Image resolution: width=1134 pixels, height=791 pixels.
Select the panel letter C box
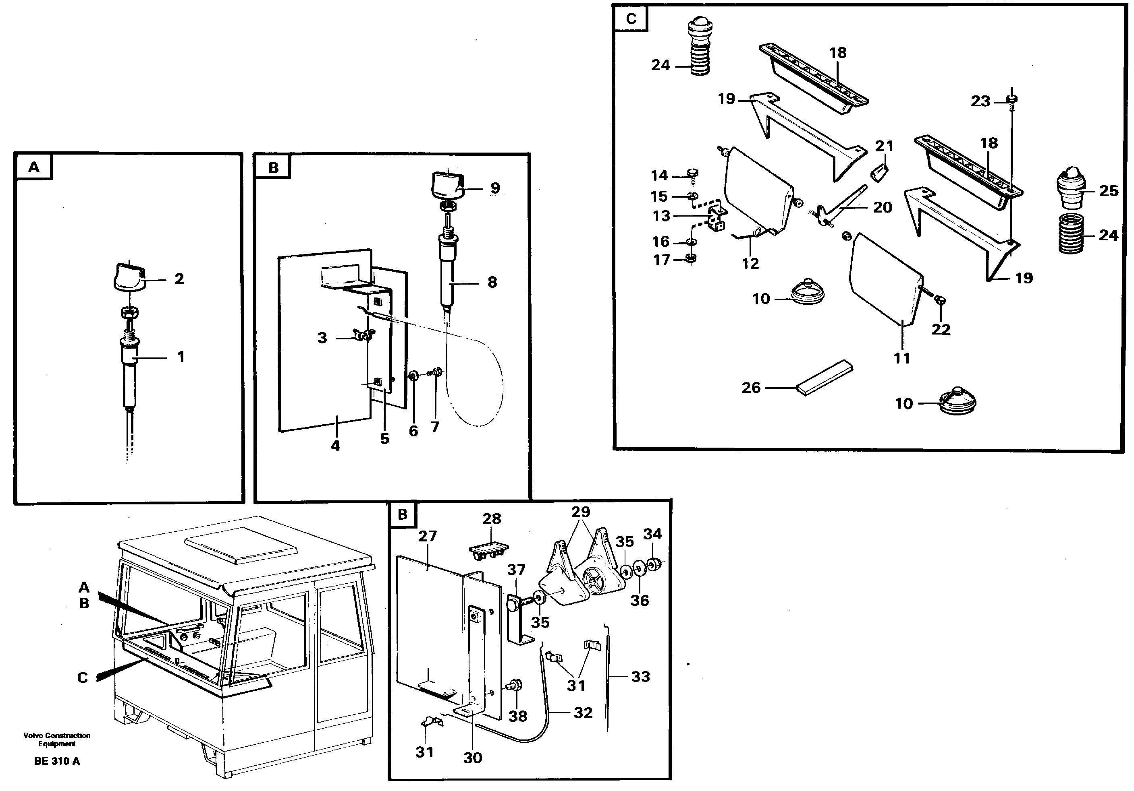click(x=631, y=19)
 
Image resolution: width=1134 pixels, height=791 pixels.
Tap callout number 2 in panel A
click(x=179, y=279)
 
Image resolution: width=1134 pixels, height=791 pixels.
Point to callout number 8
click(x=492, y=282)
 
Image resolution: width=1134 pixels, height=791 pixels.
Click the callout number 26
click(x=751, y=387)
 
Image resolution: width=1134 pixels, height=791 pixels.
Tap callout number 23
click(x=980, y=101)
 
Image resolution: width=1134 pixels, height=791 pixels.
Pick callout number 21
click(x=884, y=146)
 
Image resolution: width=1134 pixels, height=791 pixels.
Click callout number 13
click(x=661, y=216)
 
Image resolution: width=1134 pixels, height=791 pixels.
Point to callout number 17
click(x=662, y=260)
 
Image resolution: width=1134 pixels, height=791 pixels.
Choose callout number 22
click(x=941, y=329)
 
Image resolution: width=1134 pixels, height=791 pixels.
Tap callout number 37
click(x=516, y=570)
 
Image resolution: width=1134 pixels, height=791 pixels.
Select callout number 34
click(x=652, y=533)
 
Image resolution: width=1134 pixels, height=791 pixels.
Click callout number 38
click(x=517, y=716)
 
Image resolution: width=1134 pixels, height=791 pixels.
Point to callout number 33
click(x=641, y=677)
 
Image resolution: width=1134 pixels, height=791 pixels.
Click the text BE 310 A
click(x=57, y=761)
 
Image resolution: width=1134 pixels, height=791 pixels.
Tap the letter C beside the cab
click(x=83, y=677)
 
